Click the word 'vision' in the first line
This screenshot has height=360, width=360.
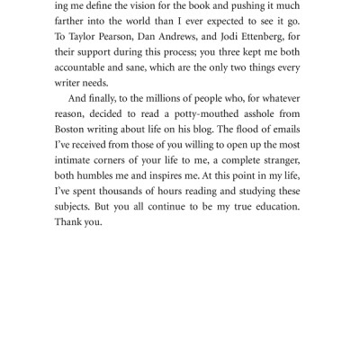point(156,8)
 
